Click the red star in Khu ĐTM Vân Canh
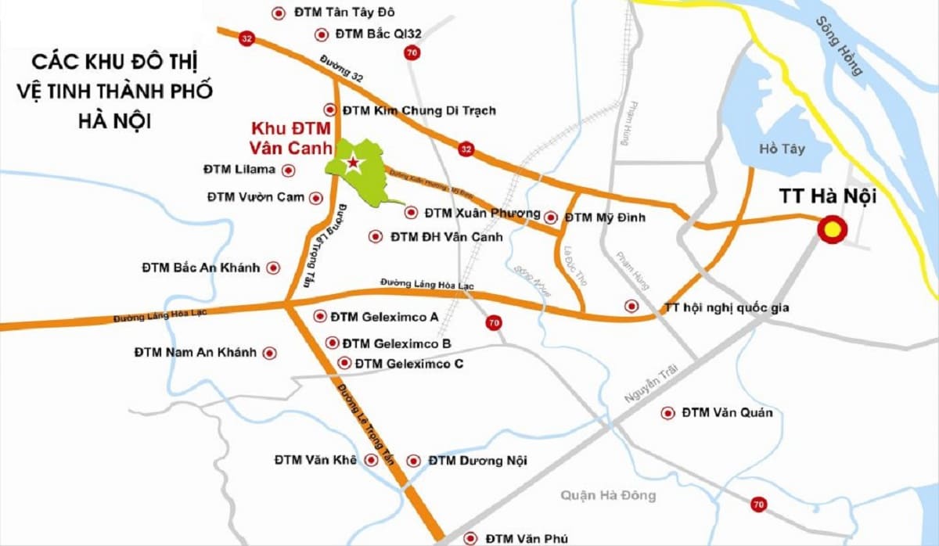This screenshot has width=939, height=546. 353,163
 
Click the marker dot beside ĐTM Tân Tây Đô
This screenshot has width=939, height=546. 278,13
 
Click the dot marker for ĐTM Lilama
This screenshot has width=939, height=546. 289,170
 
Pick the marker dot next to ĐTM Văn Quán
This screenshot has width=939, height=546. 667,412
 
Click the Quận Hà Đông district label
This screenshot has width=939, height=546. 608,495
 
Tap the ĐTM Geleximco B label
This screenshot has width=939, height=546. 397,343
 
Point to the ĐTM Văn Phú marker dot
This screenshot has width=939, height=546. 469,538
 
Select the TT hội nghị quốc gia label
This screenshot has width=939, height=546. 726,307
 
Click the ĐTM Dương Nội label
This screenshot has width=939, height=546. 477,461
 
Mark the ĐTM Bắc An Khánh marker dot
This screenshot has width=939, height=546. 273,268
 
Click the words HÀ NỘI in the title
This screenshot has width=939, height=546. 115,122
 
